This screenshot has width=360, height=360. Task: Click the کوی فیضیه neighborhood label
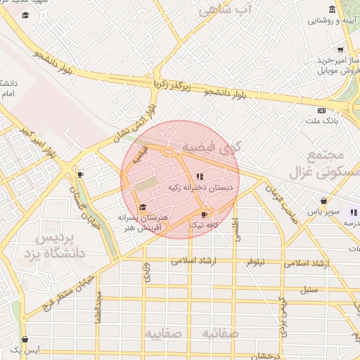tap(211, 147)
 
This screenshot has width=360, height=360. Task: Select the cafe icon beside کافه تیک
tap(204, 214)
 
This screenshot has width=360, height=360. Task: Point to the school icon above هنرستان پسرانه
tap(143, 207)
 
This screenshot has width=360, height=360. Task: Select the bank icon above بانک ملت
tap(321, 110)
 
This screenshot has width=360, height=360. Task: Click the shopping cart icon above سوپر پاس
tap(323, 200)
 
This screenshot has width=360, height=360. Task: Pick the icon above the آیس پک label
tap(25, 339)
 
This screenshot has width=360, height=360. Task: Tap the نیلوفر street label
tap(254, 262)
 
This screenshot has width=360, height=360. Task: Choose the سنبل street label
tap(310, 288)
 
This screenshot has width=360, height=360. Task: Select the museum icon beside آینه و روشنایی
tap(332, 10)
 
